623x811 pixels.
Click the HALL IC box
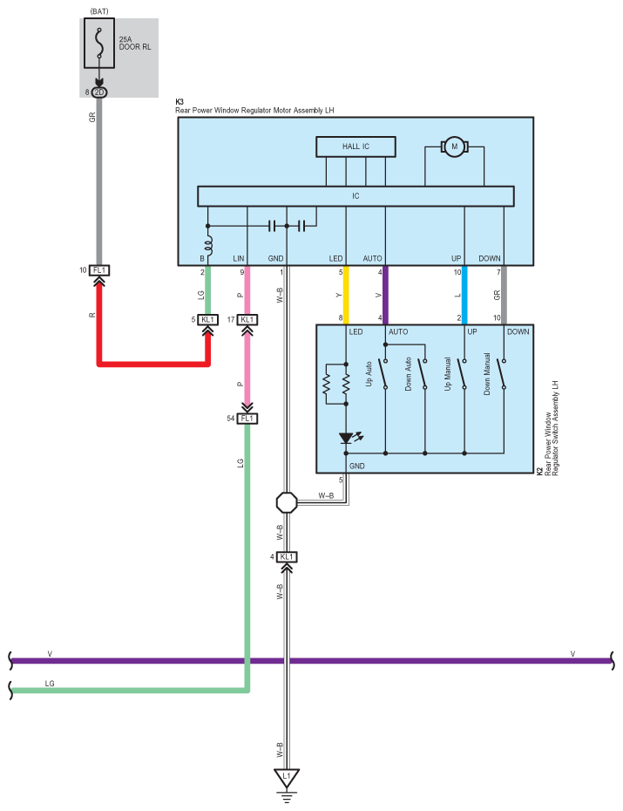(356, 147)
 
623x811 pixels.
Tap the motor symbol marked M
(454, 147)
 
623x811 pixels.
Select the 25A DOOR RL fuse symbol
(99, 43)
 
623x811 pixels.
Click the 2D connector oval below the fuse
(99, 92)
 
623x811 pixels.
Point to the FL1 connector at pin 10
(99, 270)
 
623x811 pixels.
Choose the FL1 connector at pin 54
(247, 418)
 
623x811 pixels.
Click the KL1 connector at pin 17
(247, 320)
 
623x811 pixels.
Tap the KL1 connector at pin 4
(287, 557)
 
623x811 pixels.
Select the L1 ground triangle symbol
(287, 777)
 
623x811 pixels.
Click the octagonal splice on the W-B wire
(287, 502)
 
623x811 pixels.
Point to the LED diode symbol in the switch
(346, 439)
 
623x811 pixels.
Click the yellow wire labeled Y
(346, 296)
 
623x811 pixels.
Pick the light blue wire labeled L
(464, 296)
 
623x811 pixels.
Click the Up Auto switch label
(369, 373)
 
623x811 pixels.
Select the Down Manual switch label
(486, 374)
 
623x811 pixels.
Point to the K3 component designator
(179, 102)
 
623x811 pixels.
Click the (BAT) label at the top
(99, 11)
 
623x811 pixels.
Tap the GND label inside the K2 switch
(357, 466)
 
